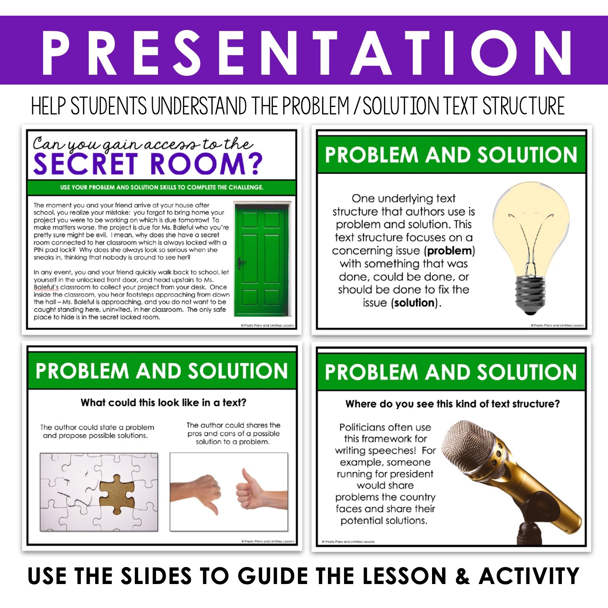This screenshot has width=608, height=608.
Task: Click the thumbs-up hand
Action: [261, 490]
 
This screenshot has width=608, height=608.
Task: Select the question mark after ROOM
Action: [255, 164]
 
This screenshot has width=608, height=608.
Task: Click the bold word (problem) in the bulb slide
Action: [450, 251]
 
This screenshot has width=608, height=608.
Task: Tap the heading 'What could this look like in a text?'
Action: [163, 403]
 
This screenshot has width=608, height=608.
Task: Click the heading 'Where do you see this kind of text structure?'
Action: [452, 404]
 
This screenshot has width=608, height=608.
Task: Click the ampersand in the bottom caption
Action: [462, 576]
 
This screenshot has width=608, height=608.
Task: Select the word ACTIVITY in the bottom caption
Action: [529, 576]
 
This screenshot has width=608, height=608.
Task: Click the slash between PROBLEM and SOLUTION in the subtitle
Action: [356, 106]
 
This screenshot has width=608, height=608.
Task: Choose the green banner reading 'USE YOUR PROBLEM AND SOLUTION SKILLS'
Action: [162, 187]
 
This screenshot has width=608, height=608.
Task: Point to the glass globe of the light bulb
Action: [531, 229]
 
